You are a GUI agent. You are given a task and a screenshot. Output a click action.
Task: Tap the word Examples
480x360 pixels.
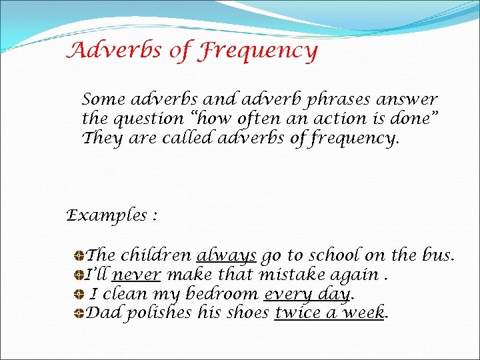(107, 215)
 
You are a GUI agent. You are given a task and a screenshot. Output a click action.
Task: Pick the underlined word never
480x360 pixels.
(137, 275)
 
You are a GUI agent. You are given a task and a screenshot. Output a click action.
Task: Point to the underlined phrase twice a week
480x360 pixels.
(330, 313)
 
